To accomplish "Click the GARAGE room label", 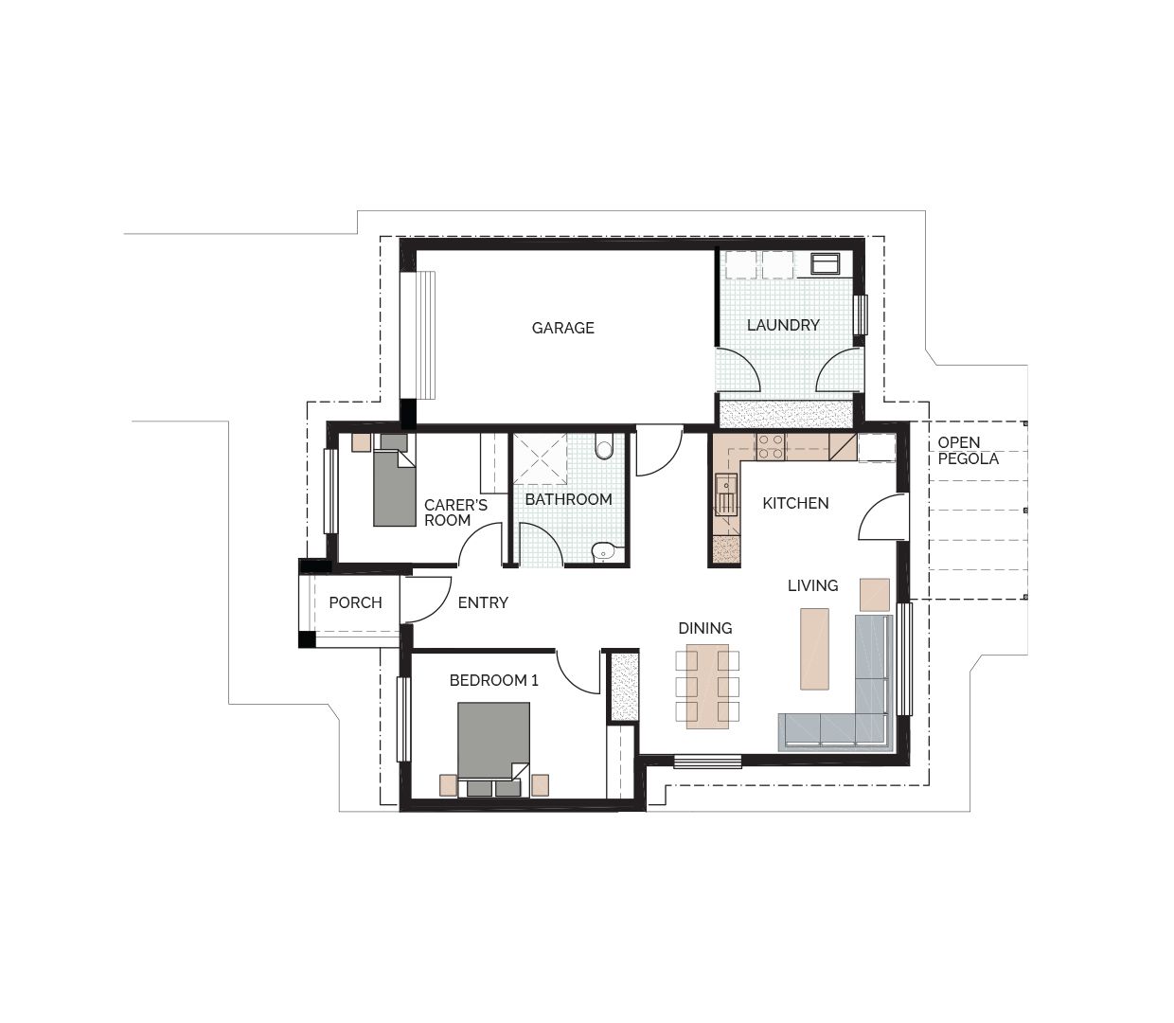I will pos(562,328).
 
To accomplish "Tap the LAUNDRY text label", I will pos(783,325).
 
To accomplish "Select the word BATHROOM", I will pos(568,499).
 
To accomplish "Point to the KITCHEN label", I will pos(795,503).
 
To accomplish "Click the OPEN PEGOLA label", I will pos(968,451).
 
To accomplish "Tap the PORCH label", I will pos(355,602).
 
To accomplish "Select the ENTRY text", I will pos(483,602).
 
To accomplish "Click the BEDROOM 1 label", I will pos(493,680).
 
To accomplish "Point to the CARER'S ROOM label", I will pos(454,512).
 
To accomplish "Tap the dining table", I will pos(707,686).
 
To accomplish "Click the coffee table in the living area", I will pos(814,649).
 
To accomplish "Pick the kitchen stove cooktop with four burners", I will pos(771,446).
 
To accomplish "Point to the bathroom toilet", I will pos(604,446).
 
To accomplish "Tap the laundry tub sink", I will pos(821,262).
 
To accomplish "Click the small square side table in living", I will pos(874,594).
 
